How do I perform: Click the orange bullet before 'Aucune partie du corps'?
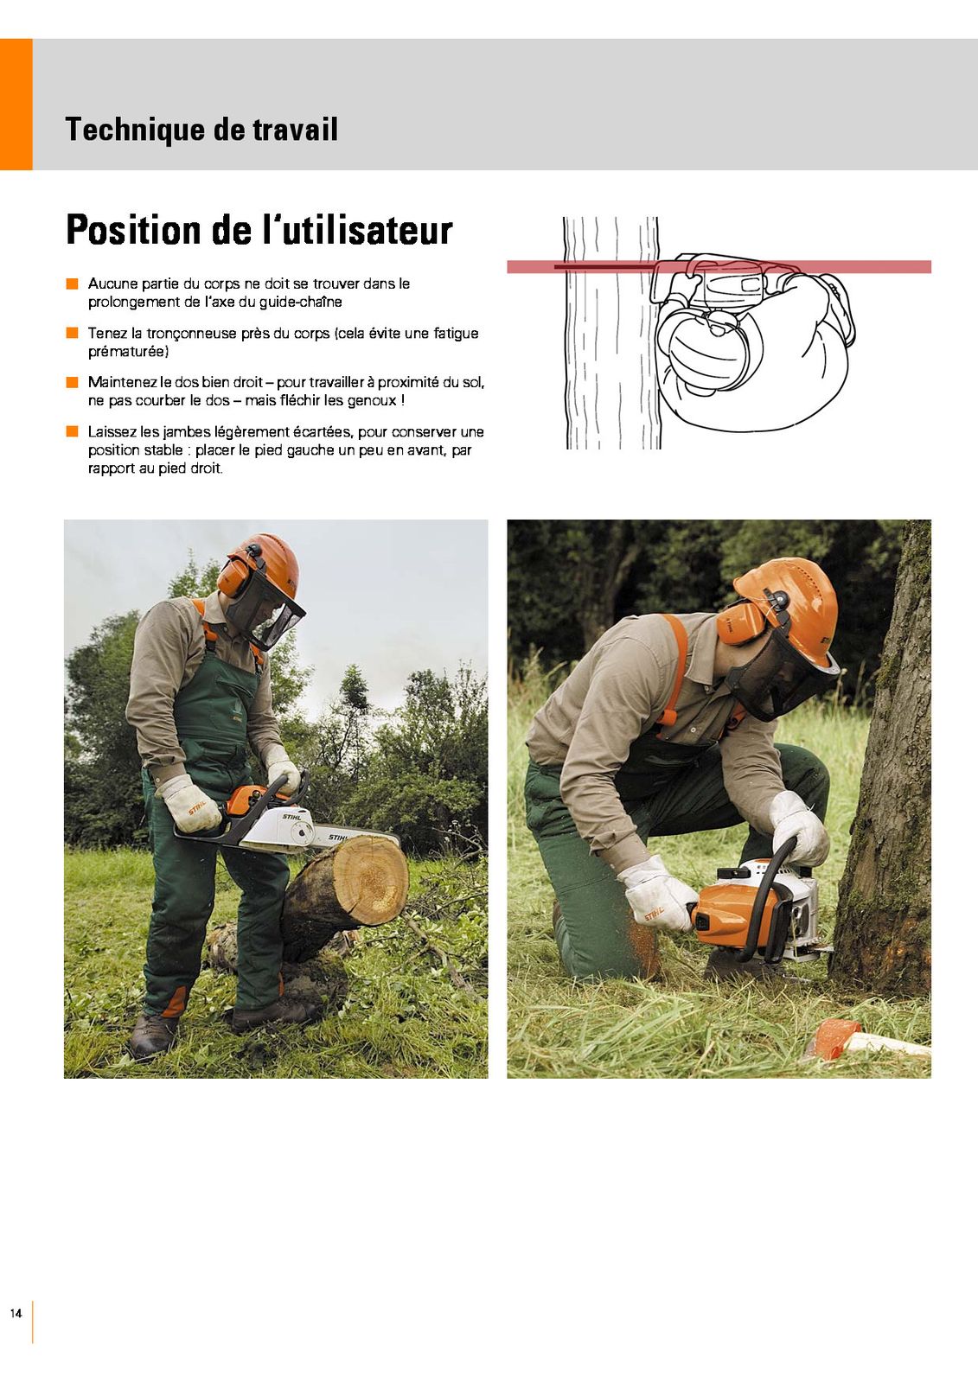click(73, 284)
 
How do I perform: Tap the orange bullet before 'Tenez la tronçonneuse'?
click(73, 333)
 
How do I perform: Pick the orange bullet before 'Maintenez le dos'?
click(73, 382)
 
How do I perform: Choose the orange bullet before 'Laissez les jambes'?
click(73, 431)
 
